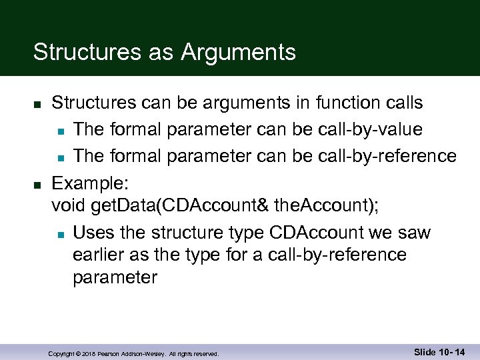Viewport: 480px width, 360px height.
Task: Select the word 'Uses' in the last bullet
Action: tap(93, 233)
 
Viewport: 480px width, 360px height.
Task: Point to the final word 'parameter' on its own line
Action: tap(115, 277)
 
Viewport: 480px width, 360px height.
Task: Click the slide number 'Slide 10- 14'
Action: tap(439, 351)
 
